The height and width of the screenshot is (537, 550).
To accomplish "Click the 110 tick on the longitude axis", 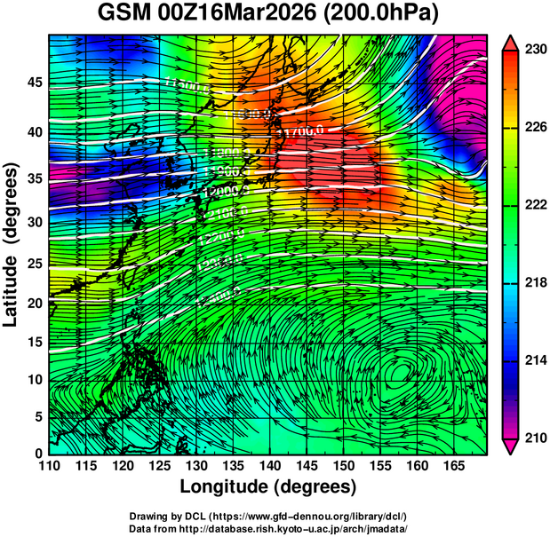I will click(49, 467).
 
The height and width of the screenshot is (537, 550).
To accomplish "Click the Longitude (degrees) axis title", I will click(268, 486).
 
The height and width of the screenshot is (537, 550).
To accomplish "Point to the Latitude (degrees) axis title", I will click(12, 243).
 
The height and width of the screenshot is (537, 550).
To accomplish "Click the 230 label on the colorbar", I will click(533, 51).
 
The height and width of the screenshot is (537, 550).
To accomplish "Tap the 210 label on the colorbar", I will click(533, 438).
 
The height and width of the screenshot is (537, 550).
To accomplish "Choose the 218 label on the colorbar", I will click(533, 283).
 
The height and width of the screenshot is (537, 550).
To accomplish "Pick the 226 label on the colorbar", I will click(533, 128).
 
